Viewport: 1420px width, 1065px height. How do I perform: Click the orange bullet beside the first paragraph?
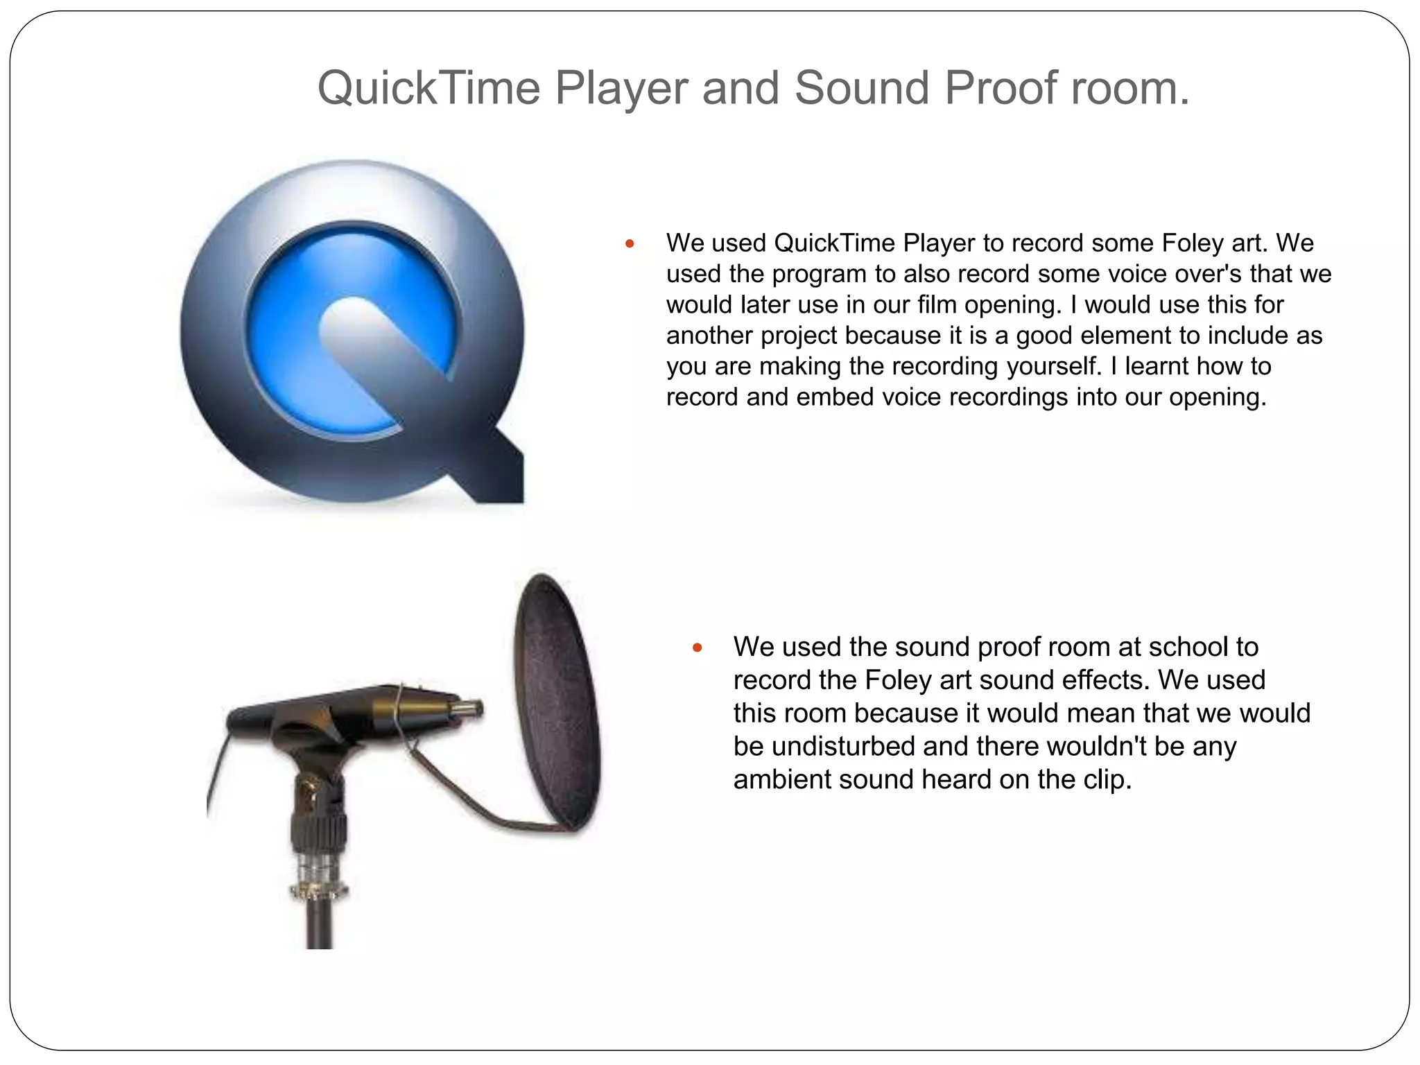point(630,243)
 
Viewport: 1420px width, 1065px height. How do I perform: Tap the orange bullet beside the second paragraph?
point(698,648)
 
